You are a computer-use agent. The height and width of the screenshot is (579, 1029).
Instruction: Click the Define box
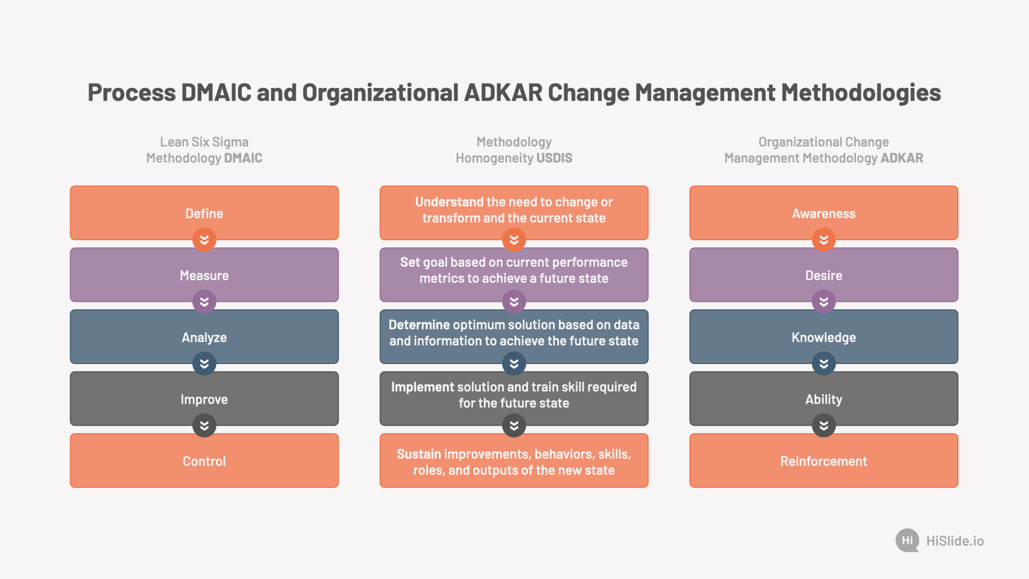coord(204,213)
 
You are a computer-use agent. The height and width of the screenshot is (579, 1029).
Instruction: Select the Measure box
coord(204,275)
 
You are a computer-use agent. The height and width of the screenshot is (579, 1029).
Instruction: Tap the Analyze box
coord(204,337)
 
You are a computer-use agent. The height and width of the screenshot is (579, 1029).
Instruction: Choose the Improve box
coord(204,399)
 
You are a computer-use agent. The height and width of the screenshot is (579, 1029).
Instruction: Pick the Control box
coord(204,461)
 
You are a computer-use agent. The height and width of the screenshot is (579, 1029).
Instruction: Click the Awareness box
coord(824,213)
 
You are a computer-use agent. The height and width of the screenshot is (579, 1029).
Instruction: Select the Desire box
coord(824,275)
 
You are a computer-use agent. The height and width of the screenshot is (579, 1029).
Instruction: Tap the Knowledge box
coord(824,337)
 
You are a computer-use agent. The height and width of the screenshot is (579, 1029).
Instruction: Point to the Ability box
coord(824,399)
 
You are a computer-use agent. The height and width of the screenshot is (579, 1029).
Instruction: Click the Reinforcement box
coord(824,461)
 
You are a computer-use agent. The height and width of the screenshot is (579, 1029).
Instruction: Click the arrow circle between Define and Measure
coord(204,240)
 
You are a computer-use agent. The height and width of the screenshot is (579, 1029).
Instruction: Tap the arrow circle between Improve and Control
coord(204,426)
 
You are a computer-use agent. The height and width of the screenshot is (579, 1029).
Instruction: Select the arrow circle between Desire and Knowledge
coord(824,302)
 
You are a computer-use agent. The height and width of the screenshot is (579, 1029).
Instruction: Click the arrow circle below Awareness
coord(824,240)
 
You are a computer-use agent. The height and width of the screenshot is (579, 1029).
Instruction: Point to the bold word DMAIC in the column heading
coord(243,158)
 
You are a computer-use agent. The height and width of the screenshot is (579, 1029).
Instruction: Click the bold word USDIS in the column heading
coord(555,158)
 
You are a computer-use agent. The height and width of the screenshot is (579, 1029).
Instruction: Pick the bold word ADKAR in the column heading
coord(902,158)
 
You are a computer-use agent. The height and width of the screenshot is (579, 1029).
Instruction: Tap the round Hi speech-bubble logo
coord(907,540)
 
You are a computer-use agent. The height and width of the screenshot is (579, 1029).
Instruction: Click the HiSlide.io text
coord(955,541)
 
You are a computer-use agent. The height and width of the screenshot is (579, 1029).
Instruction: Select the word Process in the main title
coord(132,93)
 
